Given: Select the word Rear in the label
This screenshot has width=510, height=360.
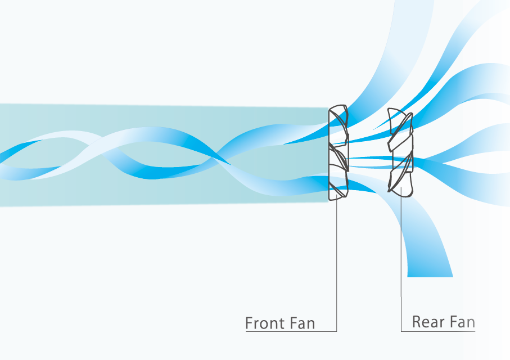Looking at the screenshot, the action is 428,322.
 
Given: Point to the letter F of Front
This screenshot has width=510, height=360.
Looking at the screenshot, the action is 250,323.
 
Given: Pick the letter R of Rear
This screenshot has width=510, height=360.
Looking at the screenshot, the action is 417,322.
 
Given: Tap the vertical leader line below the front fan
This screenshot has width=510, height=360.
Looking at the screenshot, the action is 337,265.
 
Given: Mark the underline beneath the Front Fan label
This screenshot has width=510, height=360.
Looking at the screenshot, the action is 291,331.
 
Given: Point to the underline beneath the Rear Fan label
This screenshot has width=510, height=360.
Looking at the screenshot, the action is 438,331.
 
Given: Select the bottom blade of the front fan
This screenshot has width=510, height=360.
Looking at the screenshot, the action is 339,189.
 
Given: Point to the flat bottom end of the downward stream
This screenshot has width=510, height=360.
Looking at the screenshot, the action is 430,277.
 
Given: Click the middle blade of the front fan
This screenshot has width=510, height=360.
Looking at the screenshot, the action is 339,157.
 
